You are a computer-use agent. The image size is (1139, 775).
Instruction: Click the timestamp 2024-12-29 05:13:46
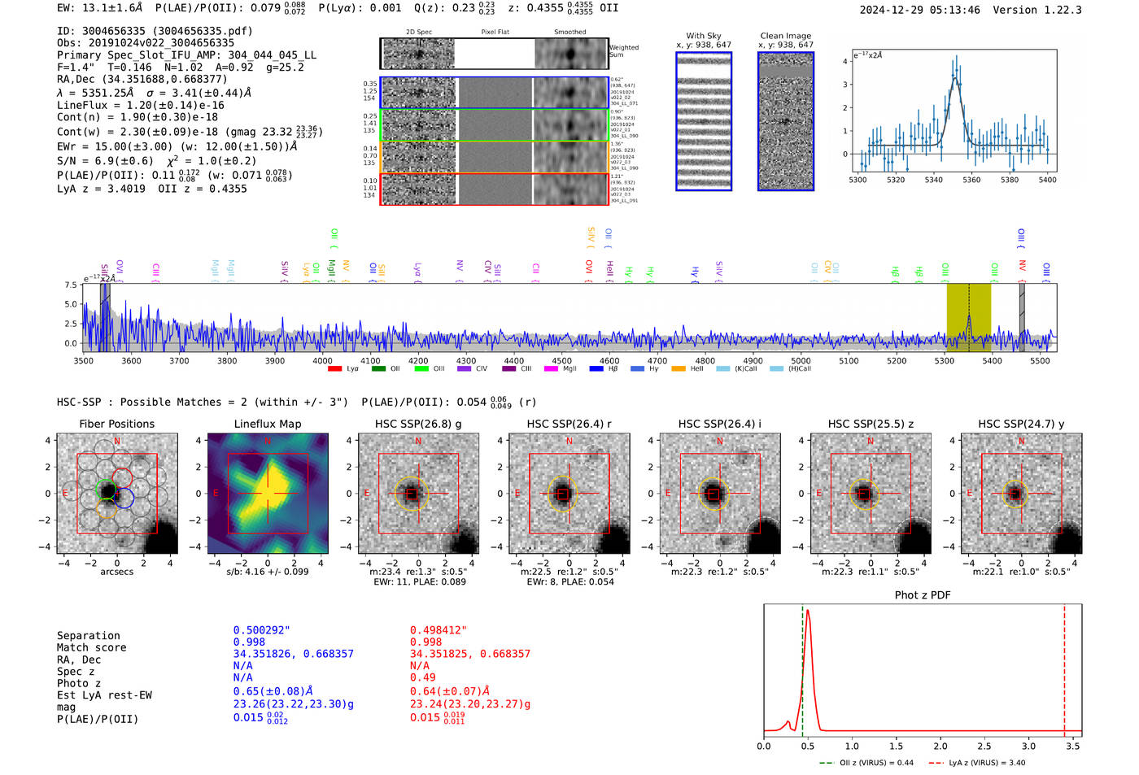tap(919, 10)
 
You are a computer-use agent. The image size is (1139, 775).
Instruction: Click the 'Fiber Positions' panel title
tap(116, 424)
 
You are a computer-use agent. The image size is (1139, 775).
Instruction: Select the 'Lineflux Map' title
tap(268, 424)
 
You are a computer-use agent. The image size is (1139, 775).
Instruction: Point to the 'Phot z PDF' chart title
tap(923, 595)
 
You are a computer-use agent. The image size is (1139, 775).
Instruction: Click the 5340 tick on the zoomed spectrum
tap(933, 180)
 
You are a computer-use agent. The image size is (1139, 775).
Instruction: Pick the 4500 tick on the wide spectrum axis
tap(561, 361)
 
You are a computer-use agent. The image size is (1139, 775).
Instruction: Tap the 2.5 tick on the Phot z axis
tap(984, 746)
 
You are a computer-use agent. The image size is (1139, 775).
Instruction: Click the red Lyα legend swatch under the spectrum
tap(334, 369)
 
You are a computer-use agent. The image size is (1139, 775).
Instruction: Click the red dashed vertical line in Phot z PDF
tap(1064, 667)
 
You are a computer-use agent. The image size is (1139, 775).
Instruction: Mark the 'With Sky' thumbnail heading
tap(704, 36)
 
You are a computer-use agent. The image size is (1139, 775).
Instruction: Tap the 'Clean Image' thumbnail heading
tap(785, 36)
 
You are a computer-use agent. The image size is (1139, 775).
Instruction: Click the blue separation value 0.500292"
tap(261, 630)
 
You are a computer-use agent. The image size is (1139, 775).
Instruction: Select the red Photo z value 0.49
tap(422, 677)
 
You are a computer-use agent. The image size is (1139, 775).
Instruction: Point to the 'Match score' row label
tap(91, 647)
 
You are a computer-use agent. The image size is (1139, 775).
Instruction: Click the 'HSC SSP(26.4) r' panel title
tap(569, 424)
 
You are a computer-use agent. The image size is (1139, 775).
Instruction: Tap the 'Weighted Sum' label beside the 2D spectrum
tap(623, 51)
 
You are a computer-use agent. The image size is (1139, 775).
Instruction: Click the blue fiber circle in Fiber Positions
tap(124, 498)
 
